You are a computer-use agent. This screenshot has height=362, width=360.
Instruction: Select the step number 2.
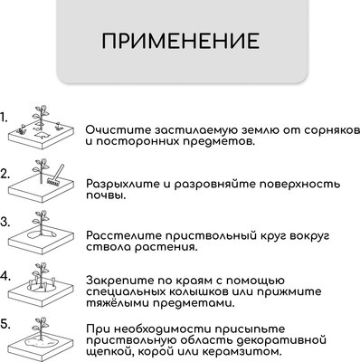click(x=5, y=172)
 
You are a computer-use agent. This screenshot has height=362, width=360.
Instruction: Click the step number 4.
click(x=5, y=272)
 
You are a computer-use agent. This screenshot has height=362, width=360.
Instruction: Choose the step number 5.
click(x=5, y=322)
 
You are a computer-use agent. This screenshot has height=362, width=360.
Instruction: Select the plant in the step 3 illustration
click(x=38, y=226)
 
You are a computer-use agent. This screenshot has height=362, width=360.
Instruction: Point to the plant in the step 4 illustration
click(x=38, y=276)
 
